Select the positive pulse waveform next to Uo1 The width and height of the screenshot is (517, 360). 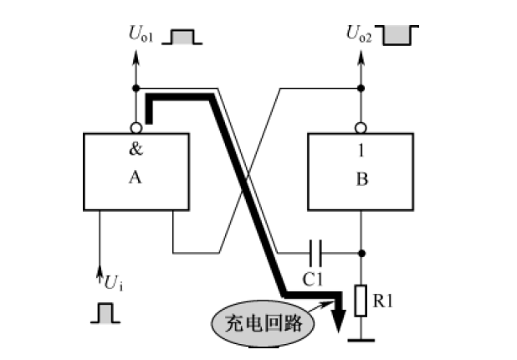182,36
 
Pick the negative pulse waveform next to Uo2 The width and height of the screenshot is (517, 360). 399,34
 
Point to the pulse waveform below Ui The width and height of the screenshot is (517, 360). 105,313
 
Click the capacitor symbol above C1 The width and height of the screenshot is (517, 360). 315,251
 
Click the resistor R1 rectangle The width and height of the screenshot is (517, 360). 361,301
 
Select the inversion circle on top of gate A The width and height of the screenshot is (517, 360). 136,128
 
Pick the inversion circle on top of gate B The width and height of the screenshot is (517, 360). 361,128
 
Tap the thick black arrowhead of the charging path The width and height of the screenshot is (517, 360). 338,321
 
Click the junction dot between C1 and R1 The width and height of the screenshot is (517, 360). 361,251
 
